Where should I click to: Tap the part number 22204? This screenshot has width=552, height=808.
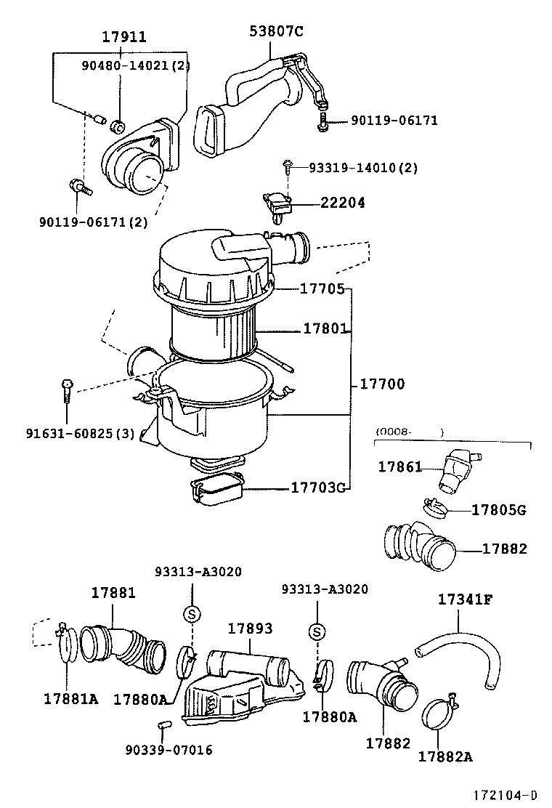[x=343, y=203]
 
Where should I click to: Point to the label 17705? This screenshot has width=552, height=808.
[x=322, y=288]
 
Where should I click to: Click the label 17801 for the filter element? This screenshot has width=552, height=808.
[x=325, y=328]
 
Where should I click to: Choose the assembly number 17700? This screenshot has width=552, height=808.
[x=382, y=384]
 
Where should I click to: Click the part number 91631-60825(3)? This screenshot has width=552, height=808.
[x=80, y=434]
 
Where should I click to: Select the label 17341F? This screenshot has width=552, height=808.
[x=465, y=599]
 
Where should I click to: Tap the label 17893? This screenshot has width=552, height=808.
[x=250, y=628]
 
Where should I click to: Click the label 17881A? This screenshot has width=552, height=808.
[x=70, y=698]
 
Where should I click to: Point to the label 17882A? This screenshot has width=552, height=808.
[x=445, y=756]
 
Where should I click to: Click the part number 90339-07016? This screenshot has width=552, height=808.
[x=169, y=750]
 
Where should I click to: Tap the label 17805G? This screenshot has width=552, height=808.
[x=498, y=509]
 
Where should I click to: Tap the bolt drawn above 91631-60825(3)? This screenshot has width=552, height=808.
[x=67, y=389]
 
